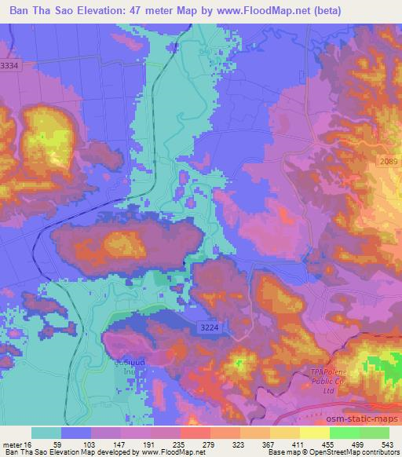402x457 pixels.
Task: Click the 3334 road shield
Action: tap(10, 67)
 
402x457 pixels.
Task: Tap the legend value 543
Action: tap(386, 444)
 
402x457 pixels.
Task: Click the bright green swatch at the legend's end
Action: tap(374, 433)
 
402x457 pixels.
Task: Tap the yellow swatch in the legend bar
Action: tap(314, 433)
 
